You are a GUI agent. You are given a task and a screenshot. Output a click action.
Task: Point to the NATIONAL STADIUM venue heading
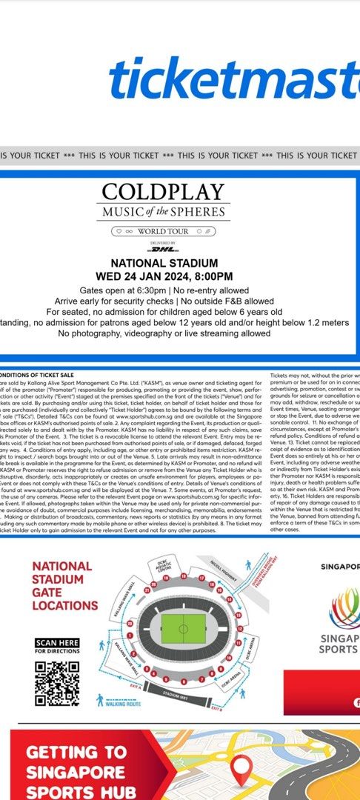[164, 263]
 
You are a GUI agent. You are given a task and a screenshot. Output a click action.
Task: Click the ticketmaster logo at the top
[234, 79]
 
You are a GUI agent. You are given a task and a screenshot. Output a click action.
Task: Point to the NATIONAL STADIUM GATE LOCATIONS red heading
[65, 585]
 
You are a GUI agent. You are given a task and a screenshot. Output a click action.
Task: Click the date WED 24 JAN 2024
[141, 276]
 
